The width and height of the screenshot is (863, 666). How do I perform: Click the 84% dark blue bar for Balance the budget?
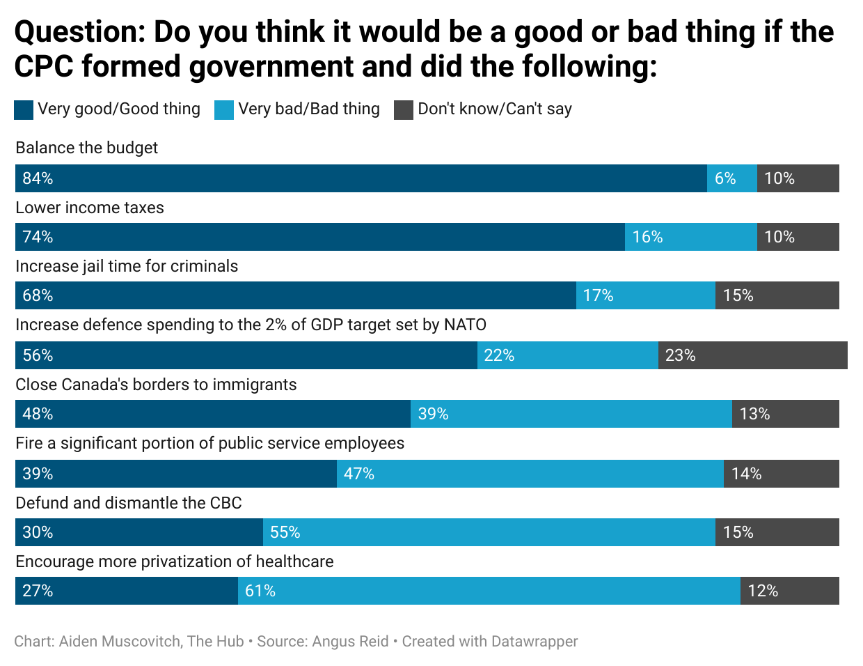pyautogui.click(x=361, y=178)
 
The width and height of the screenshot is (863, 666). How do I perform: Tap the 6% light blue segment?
pyautogui.click(x=731, y=178)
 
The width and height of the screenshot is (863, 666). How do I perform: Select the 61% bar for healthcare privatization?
pyautogui.click(x=489, y=591)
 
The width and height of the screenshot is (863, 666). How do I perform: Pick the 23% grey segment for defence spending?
pyautogui.click(x=752, y=355)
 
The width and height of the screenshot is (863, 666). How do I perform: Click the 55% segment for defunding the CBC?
pyautogui.click(x=489, y=532)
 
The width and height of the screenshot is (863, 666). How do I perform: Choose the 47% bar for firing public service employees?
pyautogui.click(x=530, y=474)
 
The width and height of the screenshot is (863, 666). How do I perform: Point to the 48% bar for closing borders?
pyautogui.click(x=212, y=414)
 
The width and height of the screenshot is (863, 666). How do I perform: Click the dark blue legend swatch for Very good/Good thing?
pyautogui.click(x=24, y=110)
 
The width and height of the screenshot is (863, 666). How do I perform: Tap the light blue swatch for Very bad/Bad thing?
pyautogui.click(x=224, y=110)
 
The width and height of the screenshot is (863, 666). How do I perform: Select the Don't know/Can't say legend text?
pyautogui.click(x=494, y=109)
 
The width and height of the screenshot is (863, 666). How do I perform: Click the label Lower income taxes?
pyautogui.click(x=90, y=208)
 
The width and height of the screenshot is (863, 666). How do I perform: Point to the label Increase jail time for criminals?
pyautogui.click(x=127, y=266)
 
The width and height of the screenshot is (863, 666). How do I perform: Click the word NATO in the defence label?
pyautogui.click(x=465, y=325)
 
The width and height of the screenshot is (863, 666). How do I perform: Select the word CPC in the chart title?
pyautogui.click(x=44, y=67)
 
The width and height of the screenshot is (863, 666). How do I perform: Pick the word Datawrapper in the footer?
pyautogui.click(x=534, y=642)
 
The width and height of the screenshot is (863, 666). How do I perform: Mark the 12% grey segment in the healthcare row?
pyautogui.click(x=789, y=591)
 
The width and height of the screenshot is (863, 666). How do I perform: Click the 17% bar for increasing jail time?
pyautogui.click(x=645, y=295)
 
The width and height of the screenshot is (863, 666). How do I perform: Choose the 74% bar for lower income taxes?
pyautogui.click(x=319, y=237)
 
